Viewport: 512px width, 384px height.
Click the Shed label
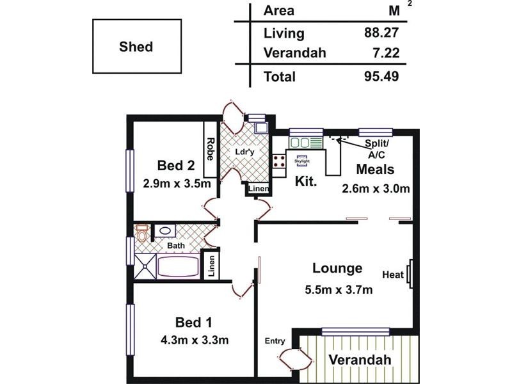136,47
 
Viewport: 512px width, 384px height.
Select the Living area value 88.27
381,33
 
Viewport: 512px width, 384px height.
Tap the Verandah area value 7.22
386,52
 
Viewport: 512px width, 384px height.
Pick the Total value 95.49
381,76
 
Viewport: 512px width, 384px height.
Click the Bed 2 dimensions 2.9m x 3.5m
177,184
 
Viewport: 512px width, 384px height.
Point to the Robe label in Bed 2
211,149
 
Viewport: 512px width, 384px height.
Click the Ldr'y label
245,152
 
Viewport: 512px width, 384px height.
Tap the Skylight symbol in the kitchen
302,161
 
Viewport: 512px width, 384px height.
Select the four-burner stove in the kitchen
279,161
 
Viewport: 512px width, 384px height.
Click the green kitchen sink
305,143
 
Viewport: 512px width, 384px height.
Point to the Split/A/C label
376,149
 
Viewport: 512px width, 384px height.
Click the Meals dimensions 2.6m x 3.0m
376,188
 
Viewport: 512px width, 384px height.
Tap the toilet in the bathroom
141,232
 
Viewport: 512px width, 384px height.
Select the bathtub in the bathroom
179,267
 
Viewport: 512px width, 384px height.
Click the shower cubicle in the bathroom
145,267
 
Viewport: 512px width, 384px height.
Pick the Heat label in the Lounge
393,275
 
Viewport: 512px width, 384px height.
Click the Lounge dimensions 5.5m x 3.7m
339,290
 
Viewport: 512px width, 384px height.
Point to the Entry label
275,341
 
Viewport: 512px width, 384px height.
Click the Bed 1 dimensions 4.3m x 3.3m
195,340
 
